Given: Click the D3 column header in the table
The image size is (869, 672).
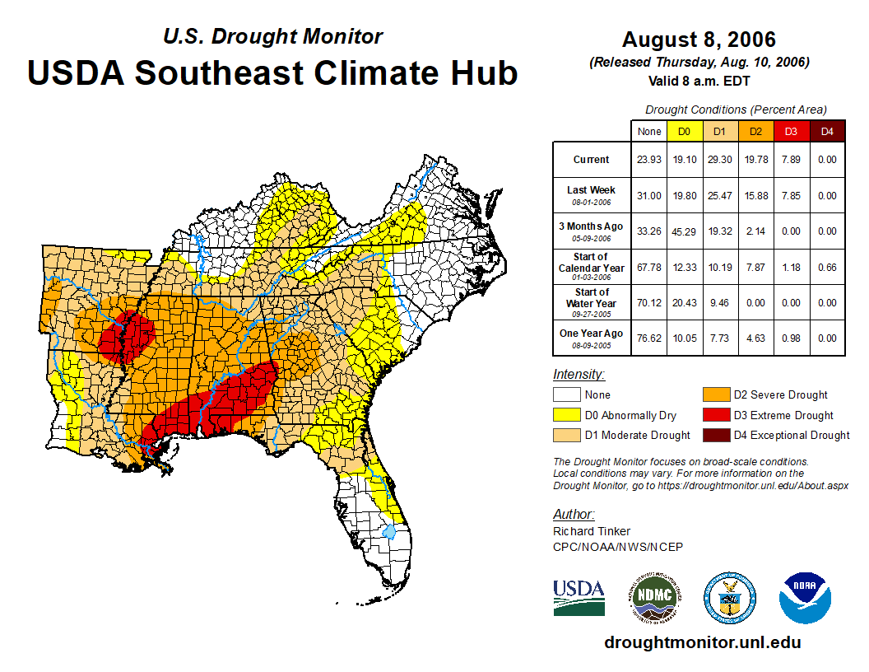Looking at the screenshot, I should click(x=791, y=131).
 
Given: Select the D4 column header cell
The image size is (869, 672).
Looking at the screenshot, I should click(x=827, y=131).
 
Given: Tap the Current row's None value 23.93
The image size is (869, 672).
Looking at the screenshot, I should click(x=649, y=160).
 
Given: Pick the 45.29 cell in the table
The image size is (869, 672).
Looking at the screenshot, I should click(x=685, y=231).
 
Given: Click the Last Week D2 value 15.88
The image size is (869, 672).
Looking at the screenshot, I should click(x=755, y=196).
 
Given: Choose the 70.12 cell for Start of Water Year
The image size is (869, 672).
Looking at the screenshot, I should click(x=649, y=302).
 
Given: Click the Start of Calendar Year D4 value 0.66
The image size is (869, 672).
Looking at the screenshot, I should click(x=827, y=267).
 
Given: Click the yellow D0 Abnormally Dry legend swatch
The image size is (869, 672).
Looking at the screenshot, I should click(x=567, y=415).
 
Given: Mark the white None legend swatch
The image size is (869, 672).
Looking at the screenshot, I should click(x=567, y=395).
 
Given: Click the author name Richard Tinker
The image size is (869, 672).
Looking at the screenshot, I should click(x=592, y=531).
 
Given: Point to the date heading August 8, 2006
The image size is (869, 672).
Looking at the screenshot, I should click(x=699, y=40).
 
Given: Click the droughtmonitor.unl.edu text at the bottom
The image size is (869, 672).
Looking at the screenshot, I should click(x=702, y=642).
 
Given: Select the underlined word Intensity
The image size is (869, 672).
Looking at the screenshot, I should click(x=579, y=375).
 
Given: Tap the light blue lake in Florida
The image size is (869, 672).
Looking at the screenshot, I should click(x=389, y=531).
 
